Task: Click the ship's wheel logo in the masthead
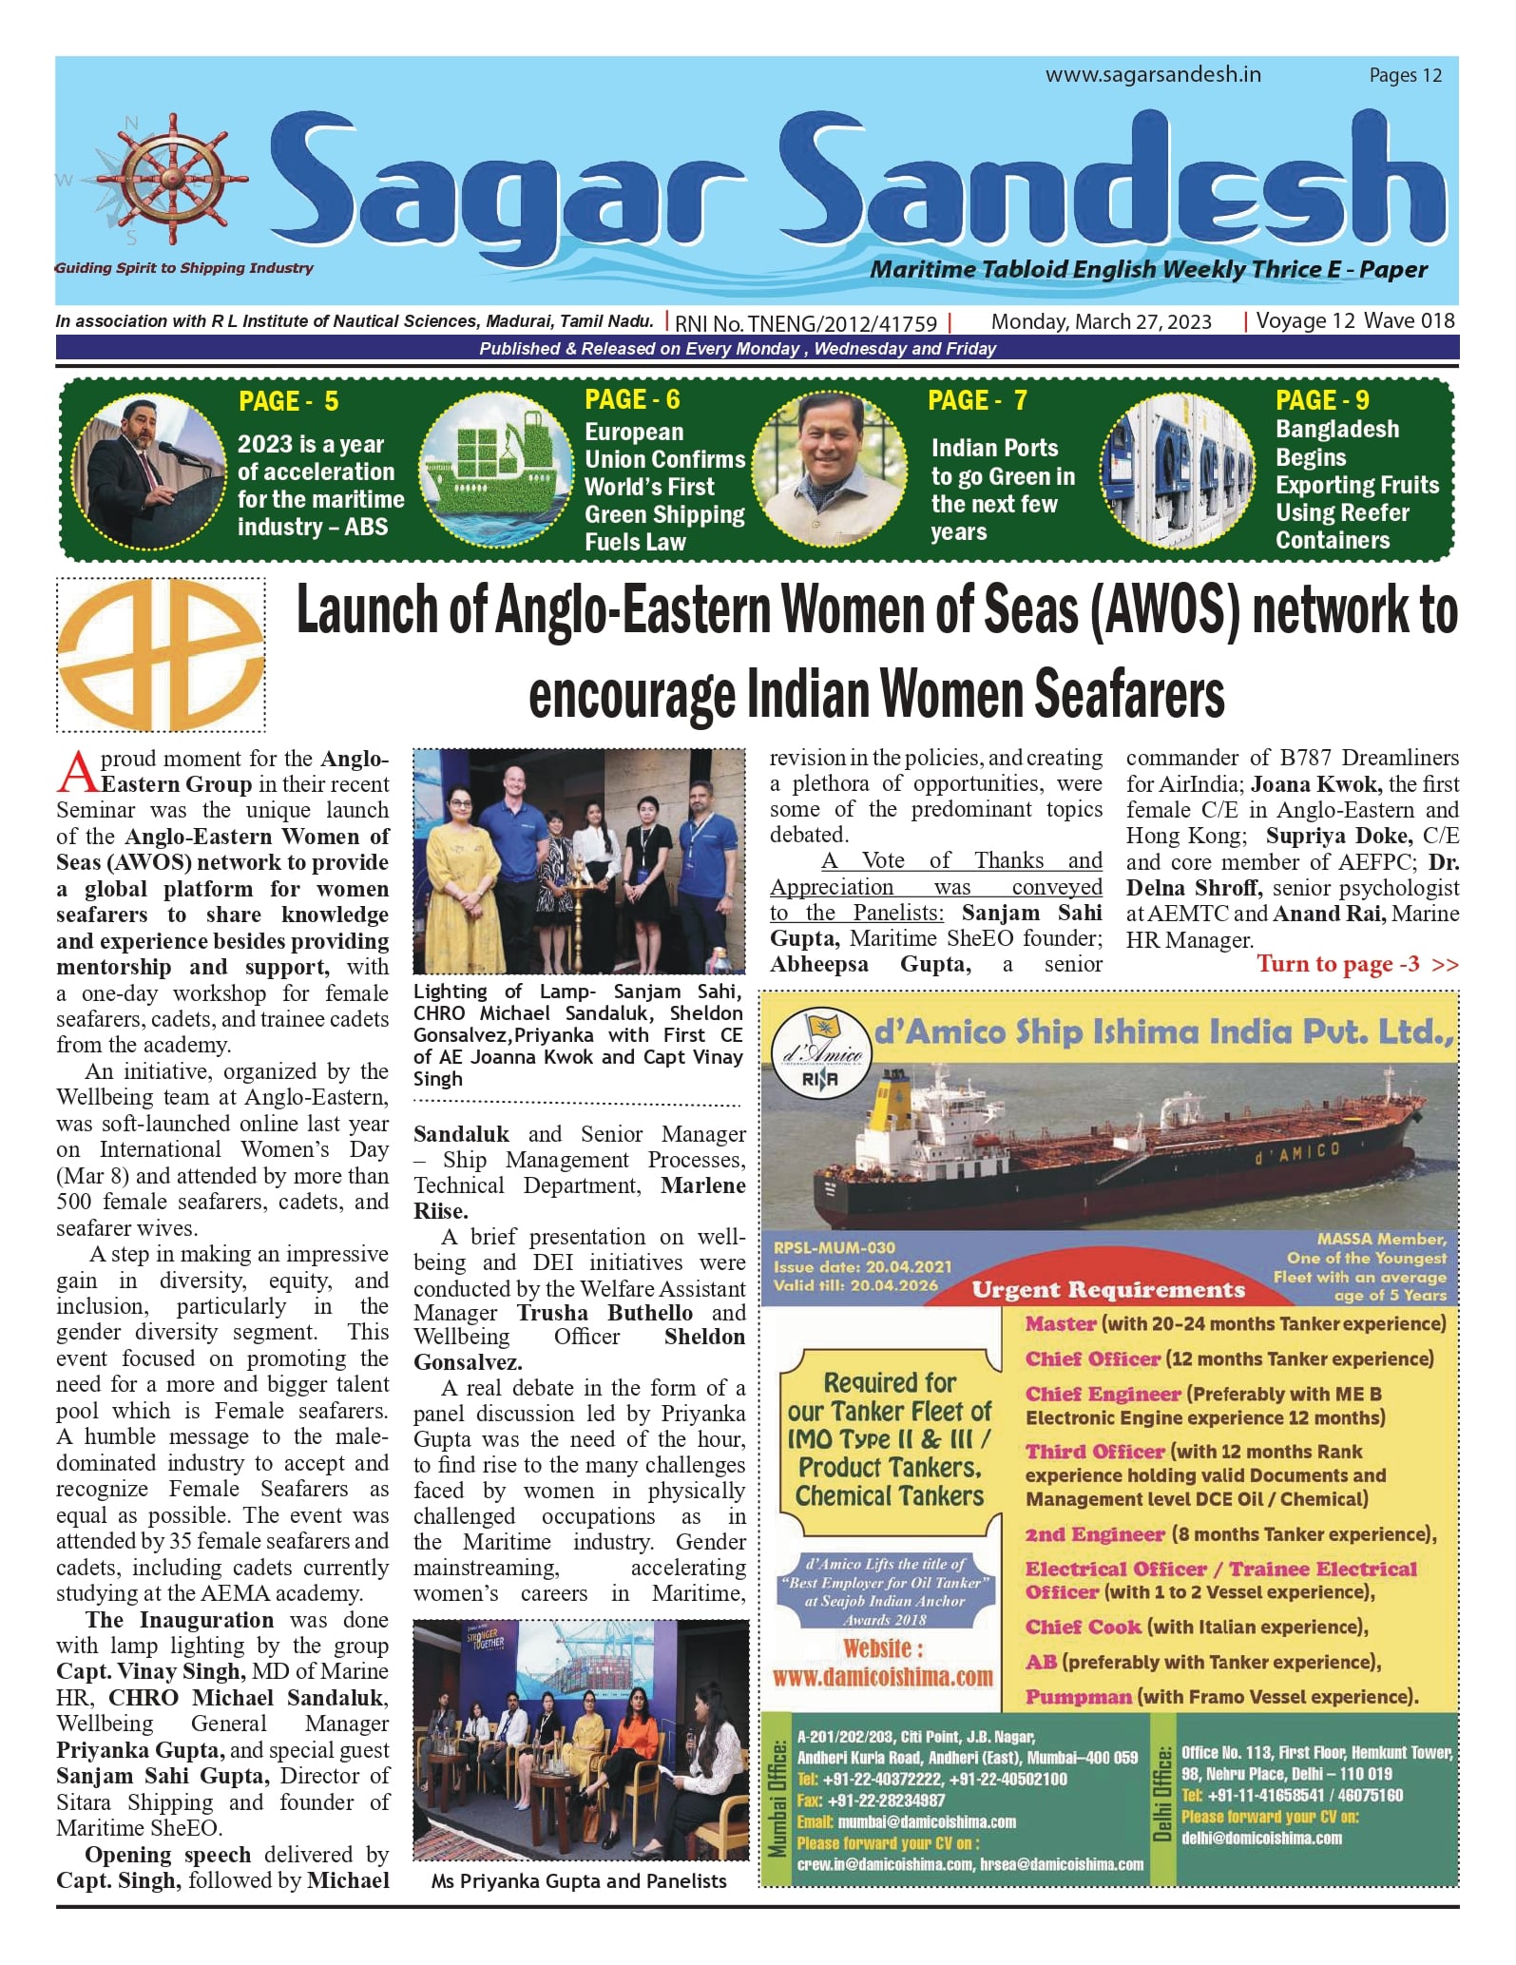coord(171,180)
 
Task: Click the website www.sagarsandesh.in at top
coord(1153,75)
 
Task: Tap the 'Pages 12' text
coord(1405,76)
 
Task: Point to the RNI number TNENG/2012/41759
coord(806,324)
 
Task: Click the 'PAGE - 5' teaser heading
coord(288,401)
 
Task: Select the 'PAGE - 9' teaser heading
coord(1322,400)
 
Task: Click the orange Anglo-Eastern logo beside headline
coord(161,655)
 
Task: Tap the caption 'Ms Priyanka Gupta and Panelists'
coord(578,1880)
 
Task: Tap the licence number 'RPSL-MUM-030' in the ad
coord(834,1247)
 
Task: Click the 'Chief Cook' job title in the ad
coord(1083,1627)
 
